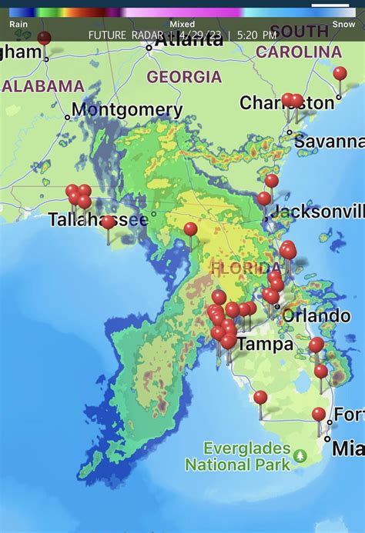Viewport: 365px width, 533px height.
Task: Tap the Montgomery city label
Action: coord(127,110)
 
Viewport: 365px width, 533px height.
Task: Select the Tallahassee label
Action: coord(97,220)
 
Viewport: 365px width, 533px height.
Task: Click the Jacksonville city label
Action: coord(317,212)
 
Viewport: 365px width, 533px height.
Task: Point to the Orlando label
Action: coord(316,315)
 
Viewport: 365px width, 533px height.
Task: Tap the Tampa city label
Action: coord(264,344)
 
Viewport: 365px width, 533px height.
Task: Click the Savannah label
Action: coord(329,142)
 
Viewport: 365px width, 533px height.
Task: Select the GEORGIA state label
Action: coord(184,77)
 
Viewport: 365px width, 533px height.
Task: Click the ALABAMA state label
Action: coord(42,86)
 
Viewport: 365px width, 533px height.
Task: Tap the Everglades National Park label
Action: coord(237,456)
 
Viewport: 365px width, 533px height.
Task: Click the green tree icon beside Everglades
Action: coord(300,456)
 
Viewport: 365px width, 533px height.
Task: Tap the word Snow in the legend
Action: coord(343,25)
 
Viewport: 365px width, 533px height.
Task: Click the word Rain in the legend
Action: coord(18,25)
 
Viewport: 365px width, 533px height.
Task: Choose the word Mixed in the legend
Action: coord(182,25)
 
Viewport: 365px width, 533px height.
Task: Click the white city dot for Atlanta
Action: coord(149,48)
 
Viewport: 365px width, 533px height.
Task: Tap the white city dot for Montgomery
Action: coord(68,118)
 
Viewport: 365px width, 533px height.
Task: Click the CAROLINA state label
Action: coord(299,52)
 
